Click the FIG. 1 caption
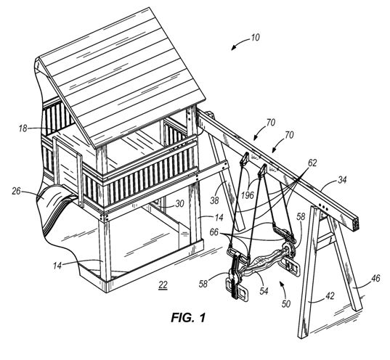pyautogui.click(x=188, y=317)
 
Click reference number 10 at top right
pyautogui.click(x=255, y=37)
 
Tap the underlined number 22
pyautogui.click(x=163, y=285)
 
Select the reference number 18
pyautogui.click(x=23, y=128)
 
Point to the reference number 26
pyautogui.click(x=17, y=192)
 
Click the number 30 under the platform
pyautogui.click(x=179, y=204)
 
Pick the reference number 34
pyautogui.click(x=342, y=180)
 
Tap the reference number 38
pyautogui.click(x=214, y=200)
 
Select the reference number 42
pyautogui.click(x=330, y=296)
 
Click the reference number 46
pyautogui.click(x=375, y=278)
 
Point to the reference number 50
pyautogui.click(x=286, y=304)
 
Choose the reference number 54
pyautogui.click(x=264, y=290)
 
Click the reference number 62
pyautogui.click(x=312, y=163)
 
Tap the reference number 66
pyautogui.click(x=214, y=232)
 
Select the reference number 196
pyautogui.click(x=247, y=195)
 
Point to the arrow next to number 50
pyautogui.click(x=283, y=287)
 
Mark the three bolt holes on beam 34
pyautogui.click(x=323, y=207)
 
